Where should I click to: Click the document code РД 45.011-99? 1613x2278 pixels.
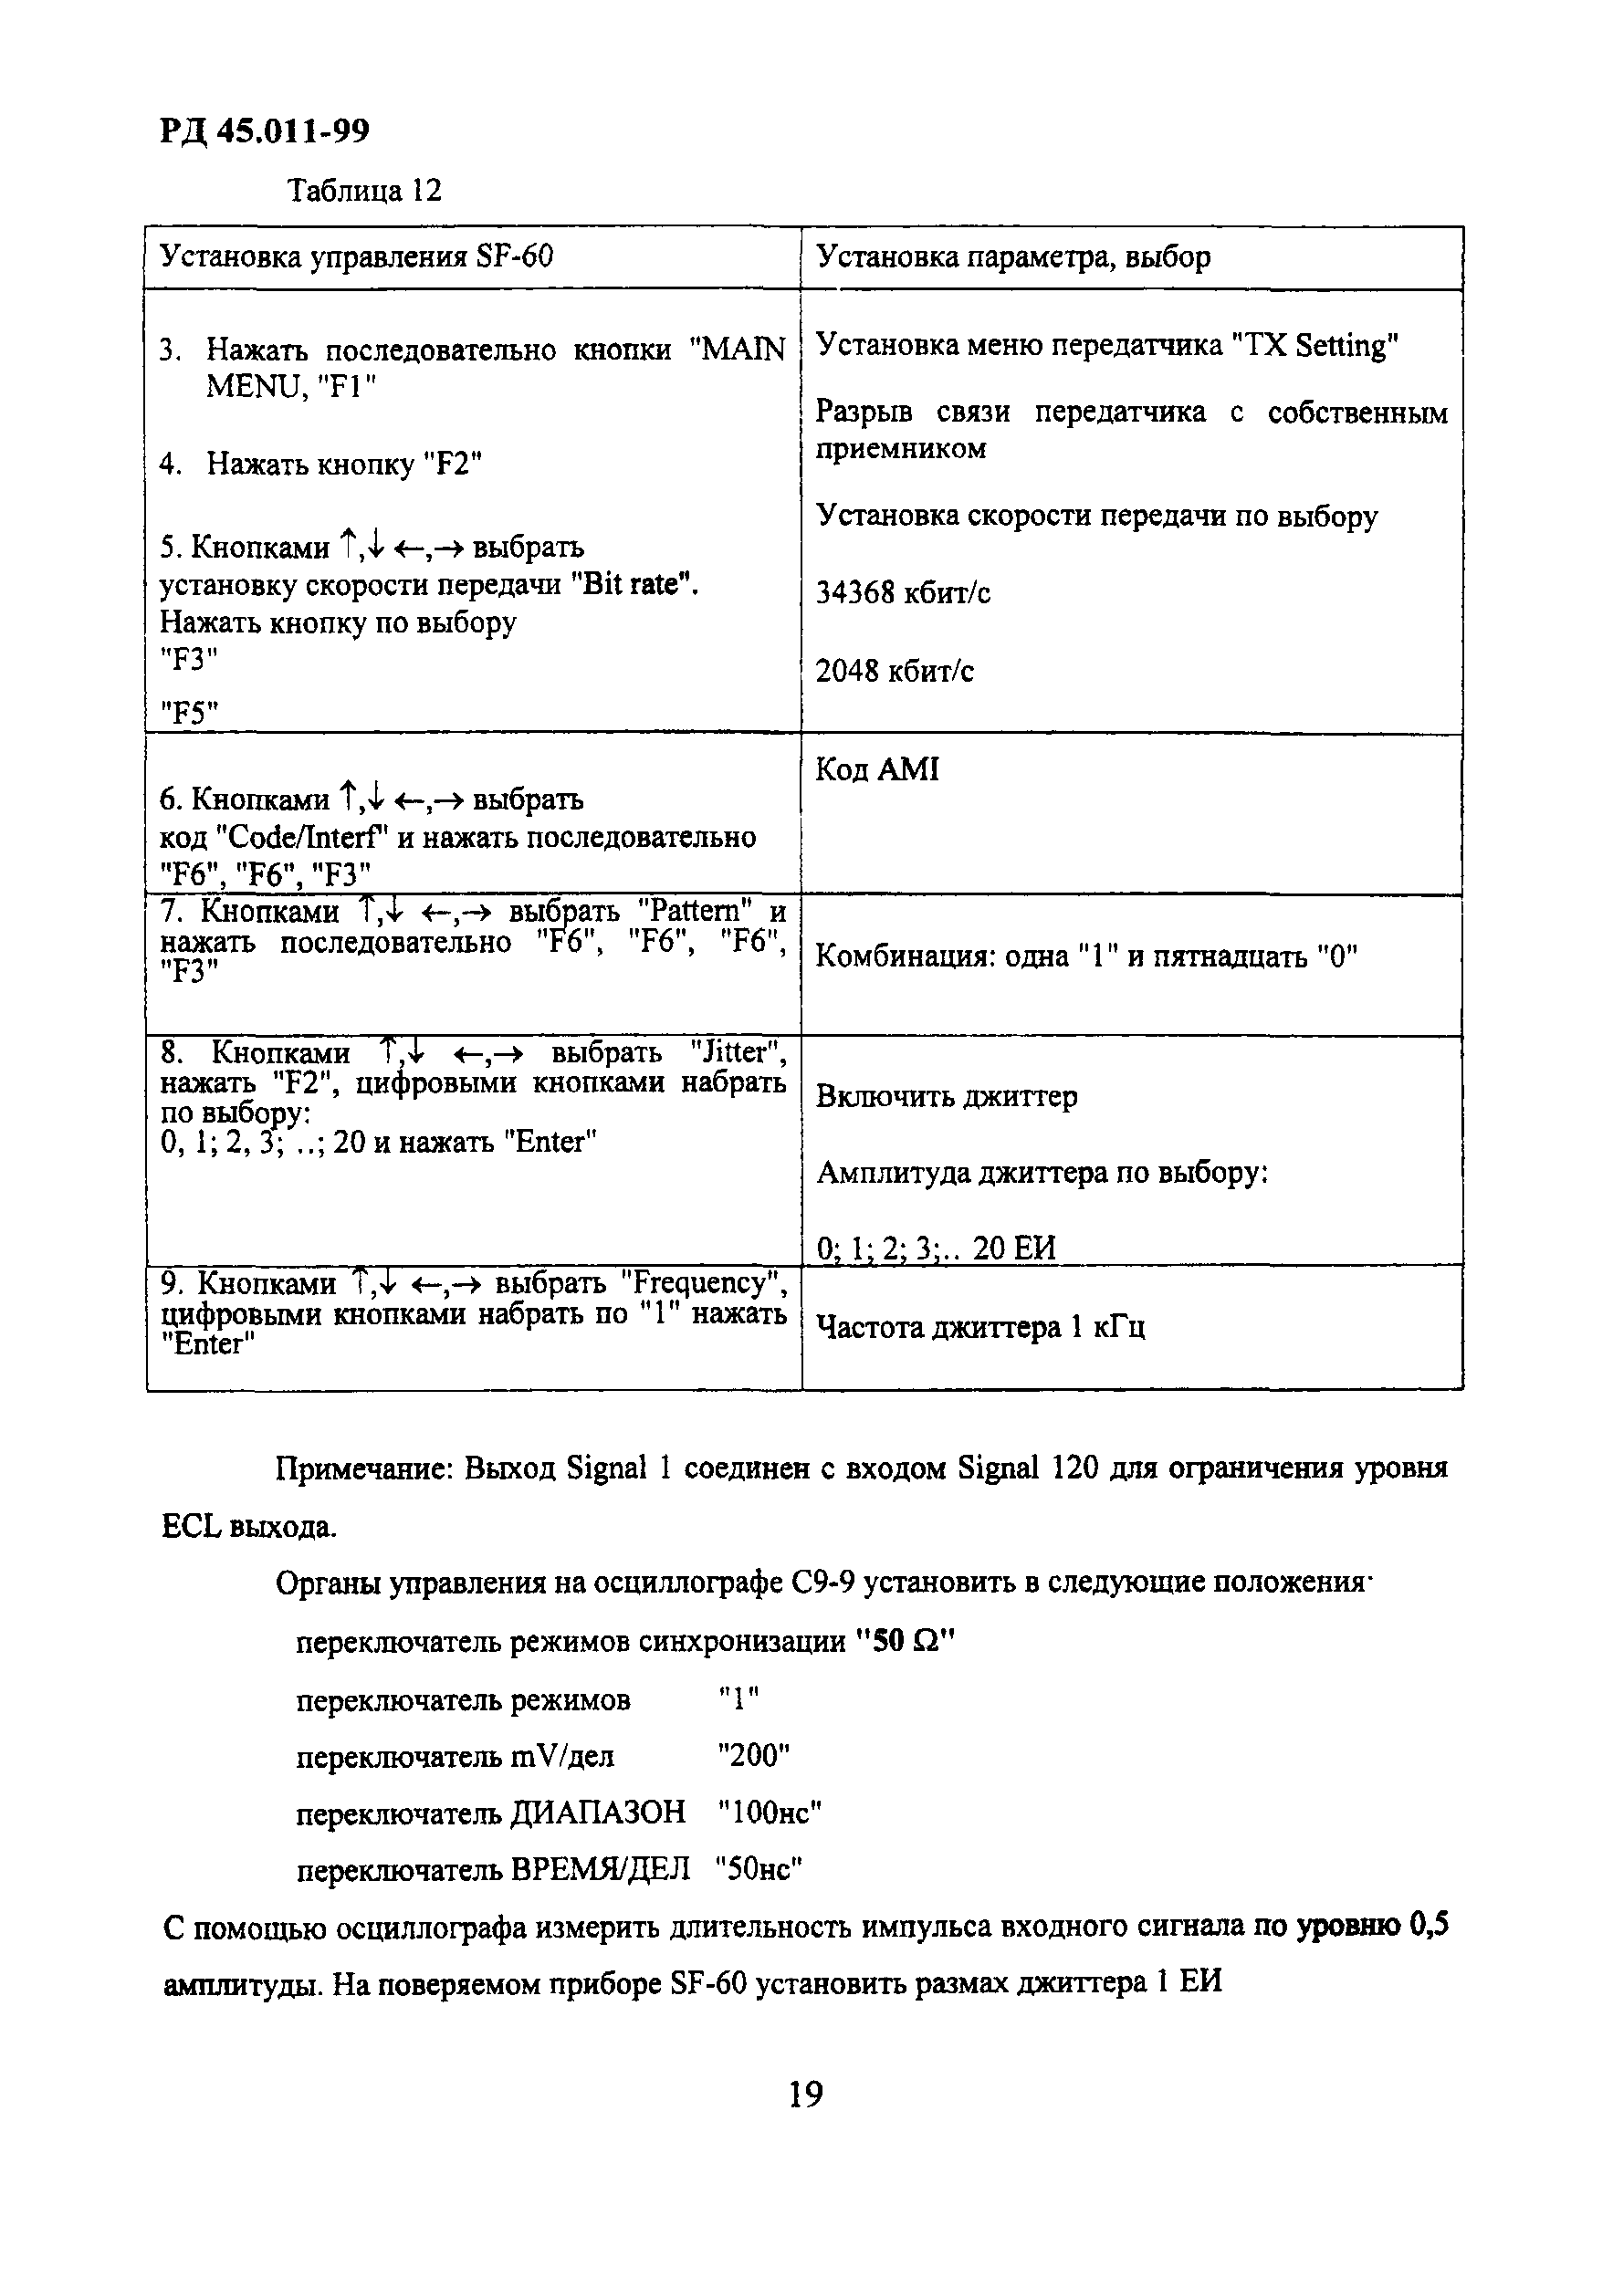263,131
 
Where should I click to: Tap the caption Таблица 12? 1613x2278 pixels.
363,190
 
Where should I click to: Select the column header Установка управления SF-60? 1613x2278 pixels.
357,257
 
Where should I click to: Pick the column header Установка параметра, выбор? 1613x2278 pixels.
1013,257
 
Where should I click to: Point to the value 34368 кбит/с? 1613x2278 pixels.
903,593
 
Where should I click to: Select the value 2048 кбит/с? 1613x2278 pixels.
894,672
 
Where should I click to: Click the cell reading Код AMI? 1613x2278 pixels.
877,769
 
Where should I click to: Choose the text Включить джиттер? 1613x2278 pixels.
946,1096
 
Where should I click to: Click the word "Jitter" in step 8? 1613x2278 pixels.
737,1051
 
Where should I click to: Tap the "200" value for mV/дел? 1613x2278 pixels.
753,1755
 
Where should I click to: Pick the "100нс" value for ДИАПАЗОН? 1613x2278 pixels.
769,1813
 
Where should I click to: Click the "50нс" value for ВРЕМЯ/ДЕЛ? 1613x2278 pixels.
759,1870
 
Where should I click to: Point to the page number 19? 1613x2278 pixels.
805,2095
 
